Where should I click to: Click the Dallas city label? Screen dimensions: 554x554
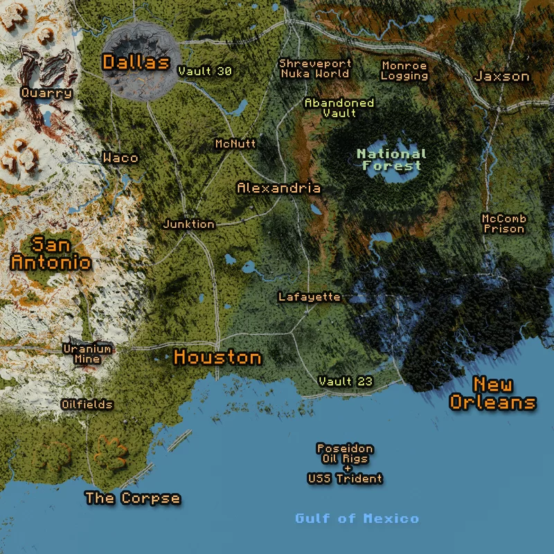click(x=136, y=62)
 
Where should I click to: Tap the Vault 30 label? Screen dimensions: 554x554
click(x=204, y=71)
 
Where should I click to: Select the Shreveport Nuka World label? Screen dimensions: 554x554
click(x=315, y=68)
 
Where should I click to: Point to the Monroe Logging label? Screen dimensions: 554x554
click(x=404, y=70)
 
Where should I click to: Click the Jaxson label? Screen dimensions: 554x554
click(x=502, y=76)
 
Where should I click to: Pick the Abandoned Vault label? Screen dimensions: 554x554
click(x=339, y=107)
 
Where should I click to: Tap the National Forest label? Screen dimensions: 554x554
click(x=391, y=159)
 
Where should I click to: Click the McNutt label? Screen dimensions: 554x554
click(x=235, y=144)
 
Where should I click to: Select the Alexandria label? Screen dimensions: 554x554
click(x=278, y=188)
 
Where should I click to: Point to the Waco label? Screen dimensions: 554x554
click(x=120, y=158)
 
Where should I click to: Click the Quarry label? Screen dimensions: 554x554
click(x=46, y=93)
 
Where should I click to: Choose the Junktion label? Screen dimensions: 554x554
click(x=188, y=224)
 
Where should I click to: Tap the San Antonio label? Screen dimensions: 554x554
click(x=51, y=253)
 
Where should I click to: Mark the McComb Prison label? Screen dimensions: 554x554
click(x=503, y=223)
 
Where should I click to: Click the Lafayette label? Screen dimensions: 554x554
click(x=309, y=297)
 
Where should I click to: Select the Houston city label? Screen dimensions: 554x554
click(x=217, y=357)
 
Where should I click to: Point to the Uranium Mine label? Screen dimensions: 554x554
click(x=82, y=353)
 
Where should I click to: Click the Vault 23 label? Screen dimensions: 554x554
click(x=346, y=382)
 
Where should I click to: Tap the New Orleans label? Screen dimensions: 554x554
click(x=492, y=393)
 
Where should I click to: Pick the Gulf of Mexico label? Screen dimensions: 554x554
click(x=357, y=519)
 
